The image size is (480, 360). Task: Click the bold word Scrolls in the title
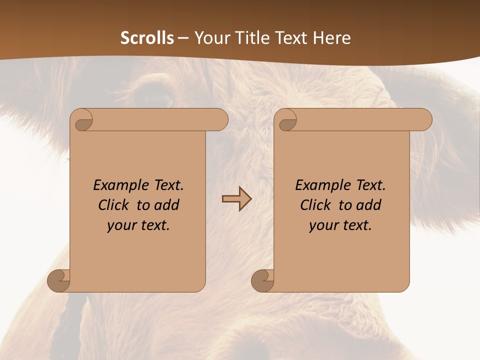point(147,38)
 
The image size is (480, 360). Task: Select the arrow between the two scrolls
point(236,199)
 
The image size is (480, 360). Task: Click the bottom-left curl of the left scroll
point(59,280)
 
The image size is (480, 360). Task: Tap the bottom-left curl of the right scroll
point(263,280)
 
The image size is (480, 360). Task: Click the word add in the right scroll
point(369,205)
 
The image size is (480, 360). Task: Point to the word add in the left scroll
point(167,205)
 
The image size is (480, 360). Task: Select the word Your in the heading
point(210,38)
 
